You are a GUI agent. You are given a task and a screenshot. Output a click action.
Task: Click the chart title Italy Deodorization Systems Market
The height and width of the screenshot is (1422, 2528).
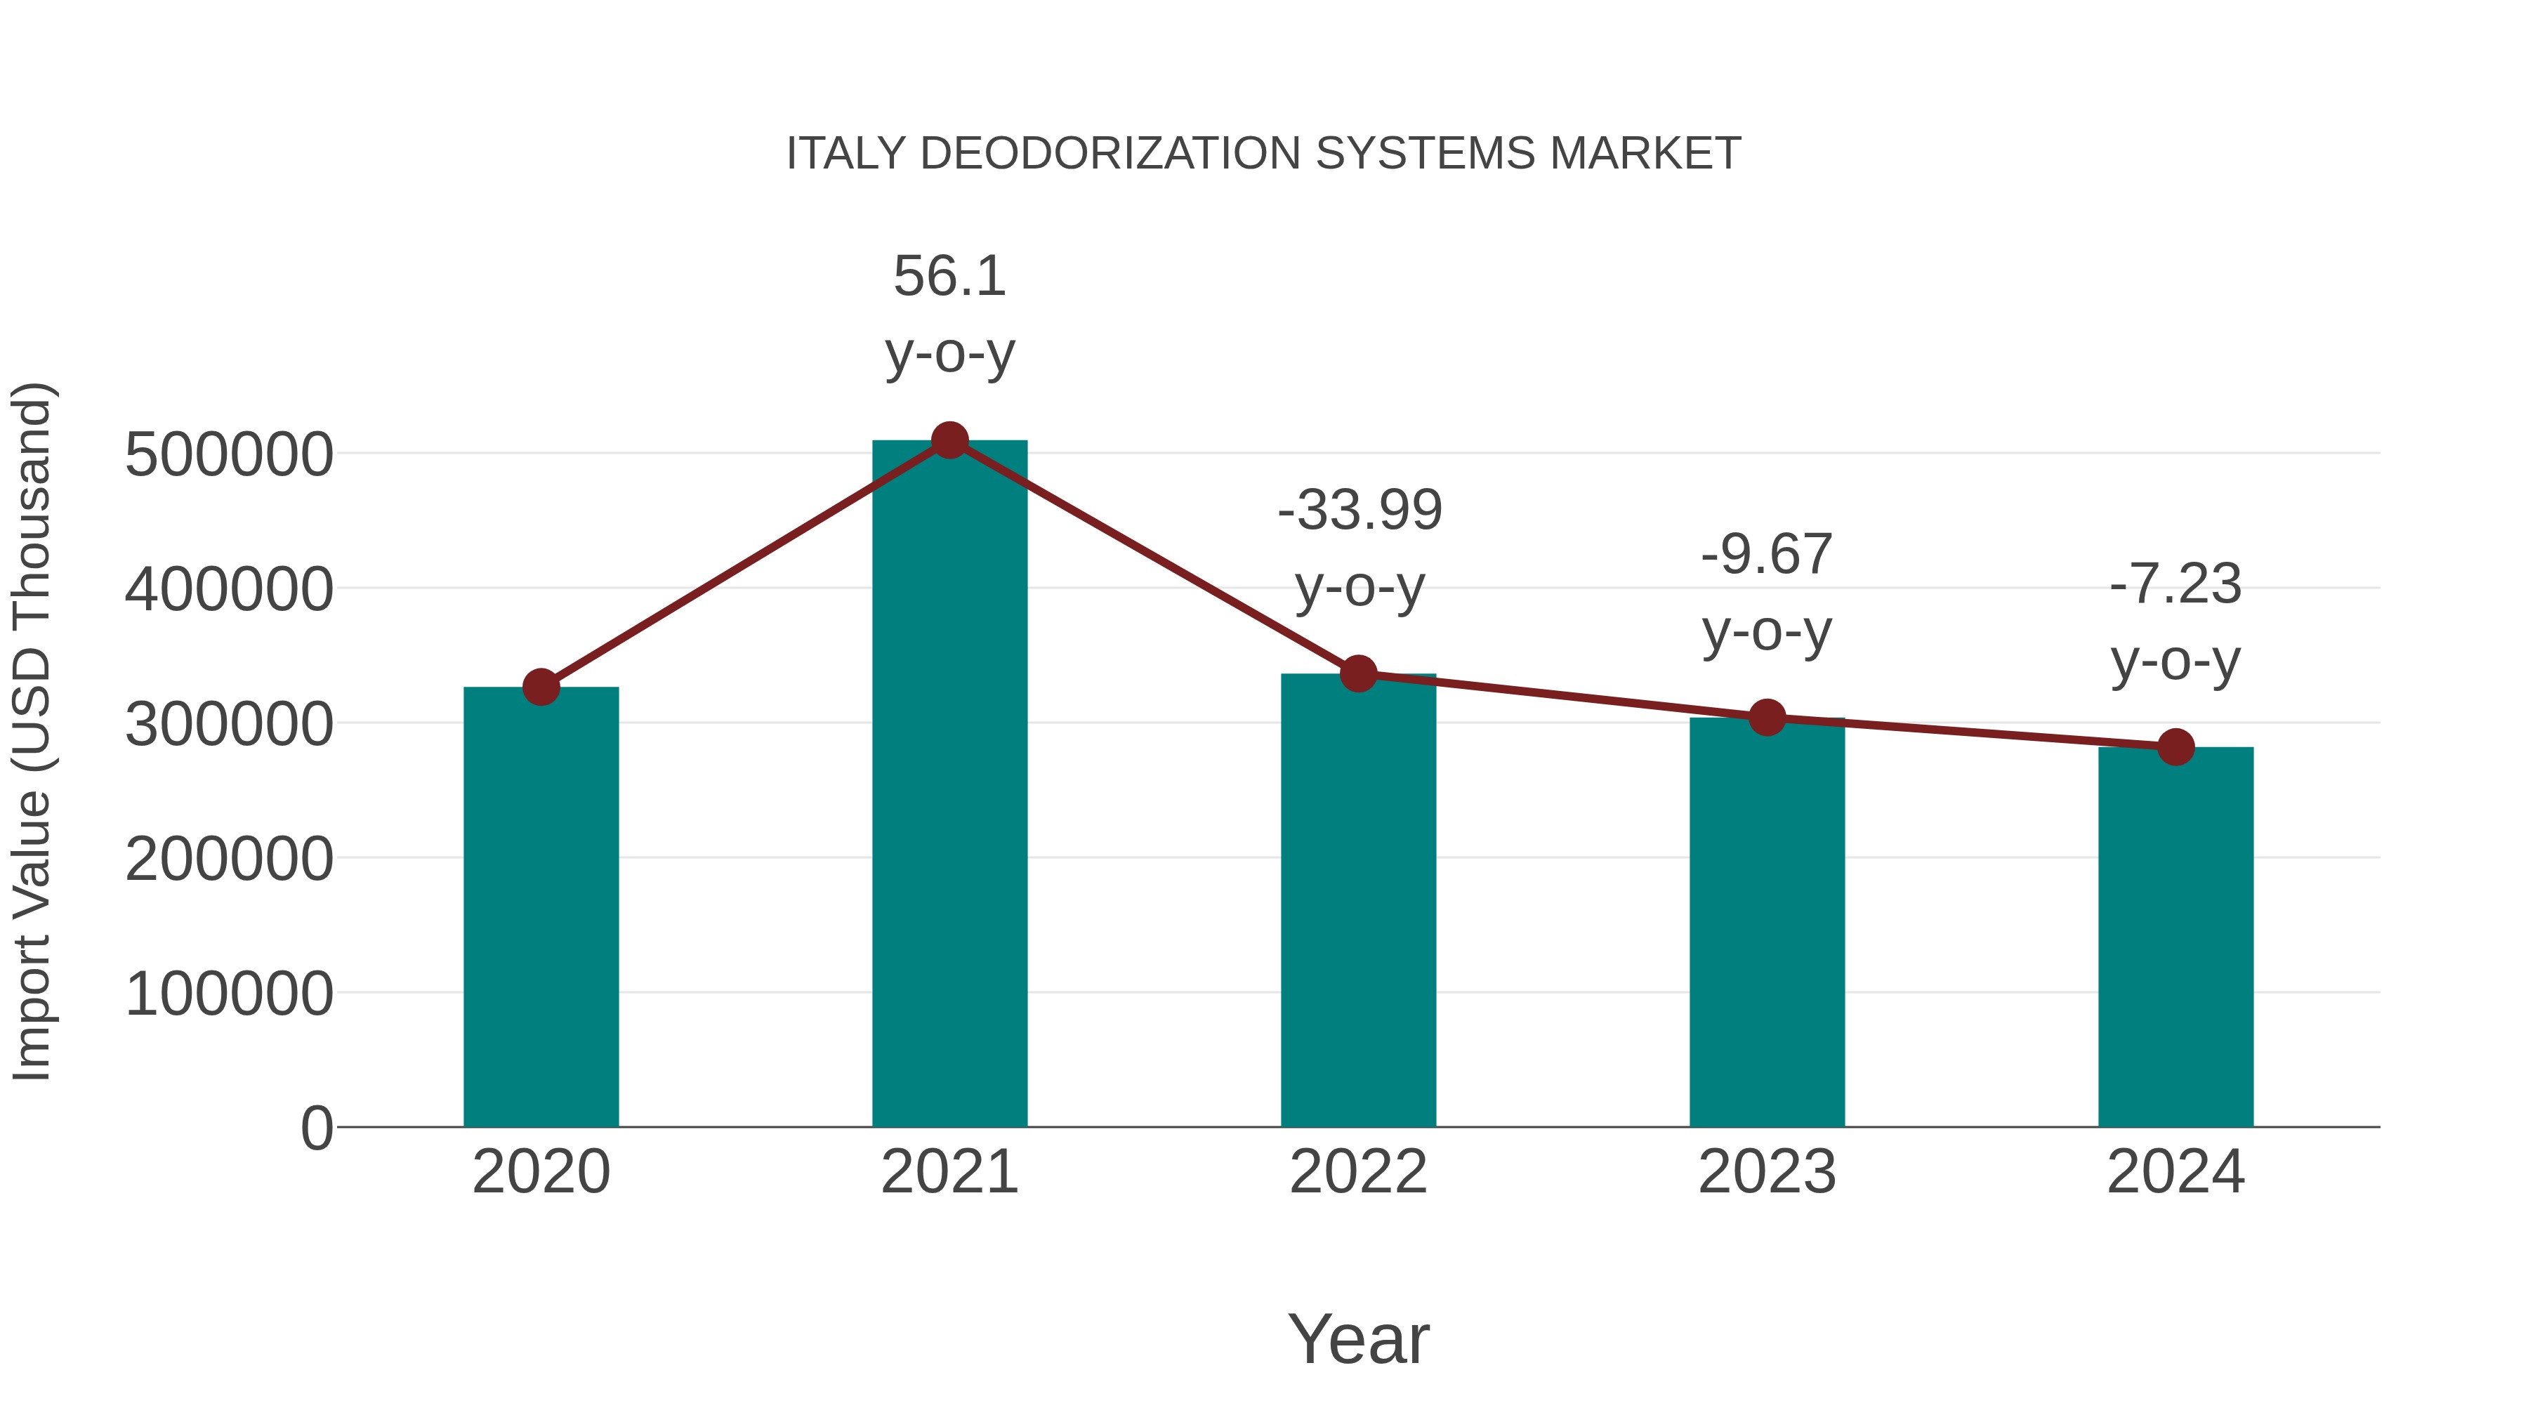(1263, 154)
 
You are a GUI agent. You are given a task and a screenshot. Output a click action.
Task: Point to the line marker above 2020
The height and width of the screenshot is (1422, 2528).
(541, 687)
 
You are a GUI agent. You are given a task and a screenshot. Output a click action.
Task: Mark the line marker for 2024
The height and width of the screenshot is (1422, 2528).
(2175, 747)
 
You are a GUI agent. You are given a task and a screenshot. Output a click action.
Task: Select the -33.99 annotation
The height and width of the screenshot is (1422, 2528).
(1360, 511)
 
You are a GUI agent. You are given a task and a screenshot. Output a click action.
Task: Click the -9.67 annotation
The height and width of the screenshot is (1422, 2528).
(1767, 555)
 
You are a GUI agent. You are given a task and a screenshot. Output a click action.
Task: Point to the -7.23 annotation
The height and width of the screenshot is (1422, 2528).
(2175, 585)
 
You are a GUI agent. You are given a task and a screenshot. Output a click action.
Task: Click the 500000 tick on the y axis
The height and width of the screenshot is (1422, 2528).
(229, 454)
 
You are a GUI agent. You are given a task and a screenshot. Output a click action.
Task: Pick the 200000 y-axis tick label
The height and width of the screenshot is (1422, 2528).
(229, 859)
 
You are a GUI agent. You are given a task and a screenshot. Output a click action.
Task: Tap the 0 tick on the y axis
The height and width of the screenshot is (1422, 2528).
(316, 1128)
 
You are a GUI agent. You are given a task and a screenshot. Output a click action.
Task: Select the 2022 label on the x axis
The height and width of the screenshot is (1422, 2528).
(1358, 1172)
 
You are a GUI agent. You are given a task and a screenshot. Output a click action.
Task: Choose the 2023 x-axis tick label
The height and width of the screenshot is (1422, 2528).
(1767, 1172)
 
